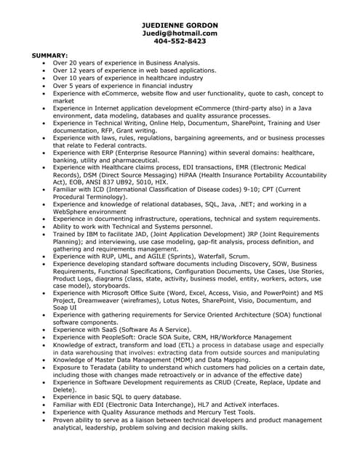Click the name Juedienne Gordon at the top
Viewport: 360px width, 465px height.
tap(180, 25)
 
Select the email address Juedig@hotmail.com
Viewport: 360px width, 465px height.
tap(180, 33)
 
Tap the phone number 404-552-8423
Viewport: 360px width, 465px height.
tap(180, 41)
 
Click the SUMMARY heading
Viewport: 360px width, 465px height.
tap(49, 55)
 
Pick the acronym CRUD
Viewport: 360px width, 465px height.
tap(221, 381)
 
